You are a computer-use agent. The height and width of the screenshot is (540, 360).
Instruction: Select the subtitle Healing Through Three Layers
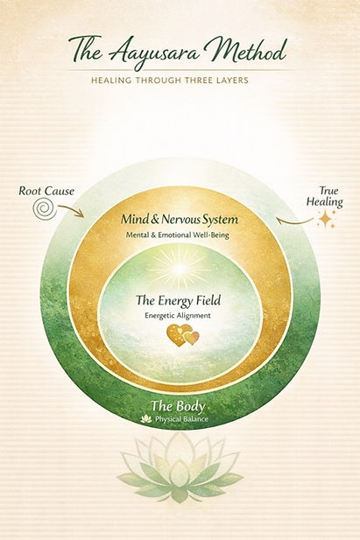(170, 81)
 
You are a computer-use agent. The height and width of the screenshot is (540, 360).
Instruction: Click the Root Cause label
(46, 191)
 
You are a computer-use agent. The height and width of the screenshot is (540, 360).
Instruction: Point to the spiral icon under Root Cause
(45, 208)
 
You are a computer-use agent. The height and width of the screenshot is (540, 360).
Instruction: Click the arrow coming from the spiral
(71, 210)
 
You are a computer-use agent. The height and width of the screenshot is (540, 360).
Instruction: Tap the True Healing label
(324, 196)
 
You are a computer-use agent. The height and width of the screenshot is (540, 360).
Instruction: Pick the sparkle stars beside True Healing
(326, 219)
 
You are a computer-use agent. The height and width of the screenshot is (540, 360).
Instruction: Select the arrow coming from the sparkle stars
(295, 221)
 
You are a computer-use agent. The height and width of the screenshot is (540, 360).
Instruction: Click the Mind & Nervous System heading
(180, 220)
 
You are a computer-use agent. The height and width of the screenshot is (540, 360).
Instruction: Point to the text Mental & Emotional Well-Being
(177, 235)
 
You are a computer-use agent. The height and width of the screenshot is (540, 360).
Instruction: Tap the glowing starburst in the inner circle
(180, 268)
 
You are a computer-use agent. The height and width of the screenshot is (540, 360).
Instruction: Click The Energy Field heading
(178, 300)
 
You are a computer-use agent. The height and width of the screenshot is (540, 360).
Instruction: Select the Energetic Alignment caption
(178, 315)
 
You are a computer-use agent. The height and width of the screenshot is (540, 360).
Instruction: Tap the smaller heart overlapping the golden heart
(192, 338)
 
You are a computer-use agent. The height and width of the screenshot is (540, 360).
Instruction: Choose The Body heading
(178, 406)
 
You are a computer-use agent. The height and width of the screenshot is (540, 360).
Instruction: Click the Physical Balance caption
(181, 419)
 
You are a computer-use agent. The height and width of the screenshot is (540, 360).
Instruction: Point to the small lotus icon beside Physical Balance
(146, 418)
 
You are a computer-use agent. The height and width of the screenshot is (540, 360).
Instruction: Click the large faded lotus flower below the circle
(180, 466)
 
